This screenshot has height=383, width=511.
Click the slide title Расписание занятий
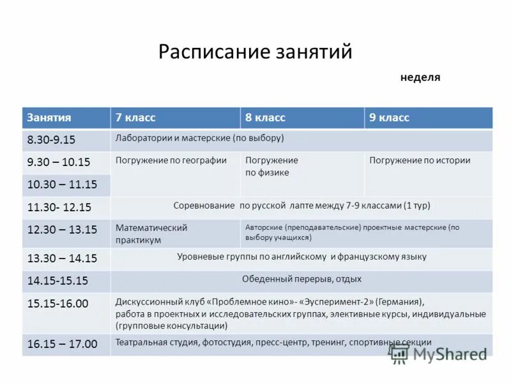(x=255, y=52)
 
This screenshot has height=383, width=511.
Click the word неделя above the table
(x=420, y=78)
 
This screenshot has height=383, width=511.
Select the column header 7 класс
(x=135, y=117)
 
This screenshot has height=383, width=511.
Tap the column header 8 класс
(x=265, y=117)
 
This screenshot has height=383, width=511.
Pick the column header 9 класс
(x=389, y=117)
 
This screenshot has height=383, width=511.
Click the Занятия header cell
(x=49, y=117)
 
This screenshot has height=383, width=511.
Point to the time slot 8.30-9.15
(x=51, y=140)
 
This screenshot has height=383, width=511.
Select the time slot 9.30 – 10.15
(x=59, y=162)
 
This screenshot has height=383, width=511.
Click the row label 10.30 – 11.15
(x=62, y=184)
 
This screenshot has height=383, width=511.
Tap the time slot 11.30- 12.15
(x=59, y=207)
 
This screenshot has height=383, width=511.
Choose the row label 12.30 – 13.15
(x=62, y=229)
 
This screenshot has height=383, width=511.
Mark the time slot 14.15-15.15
(x=57, y=281)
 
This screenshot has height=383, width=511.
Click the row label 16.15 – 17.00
(x=62, y=344)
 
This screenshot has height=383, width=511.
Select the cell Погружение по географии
(x=171, y=161)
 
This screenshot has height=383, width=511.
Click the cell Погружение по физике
(x=271, y=166)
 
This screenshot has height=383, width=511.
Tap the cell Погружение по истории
(x=420, y=161)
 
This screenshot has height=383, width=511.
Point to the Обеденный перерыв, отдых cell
(x=301, y=279)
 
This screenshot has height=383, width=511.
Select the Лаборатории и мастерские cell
(x=199, y=138)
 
